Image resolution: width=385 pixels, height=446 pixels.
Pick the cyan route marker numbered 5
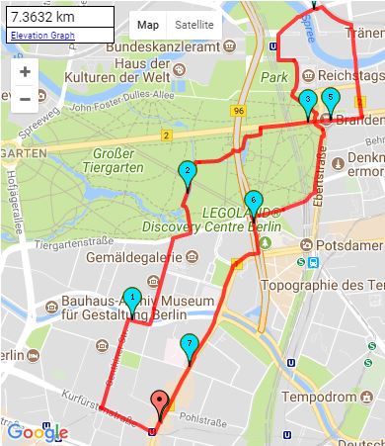click(331, 100)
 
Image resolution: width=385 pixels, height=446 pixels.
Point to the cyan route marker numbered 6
click(253, 201)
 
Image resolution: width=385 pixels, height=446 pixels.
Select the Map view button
click(147, 24)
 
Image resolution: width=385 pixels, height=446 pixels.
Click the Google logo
click(37, 431)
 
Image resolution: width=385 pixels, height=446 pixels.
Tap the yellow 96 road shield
click(240, 113)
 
